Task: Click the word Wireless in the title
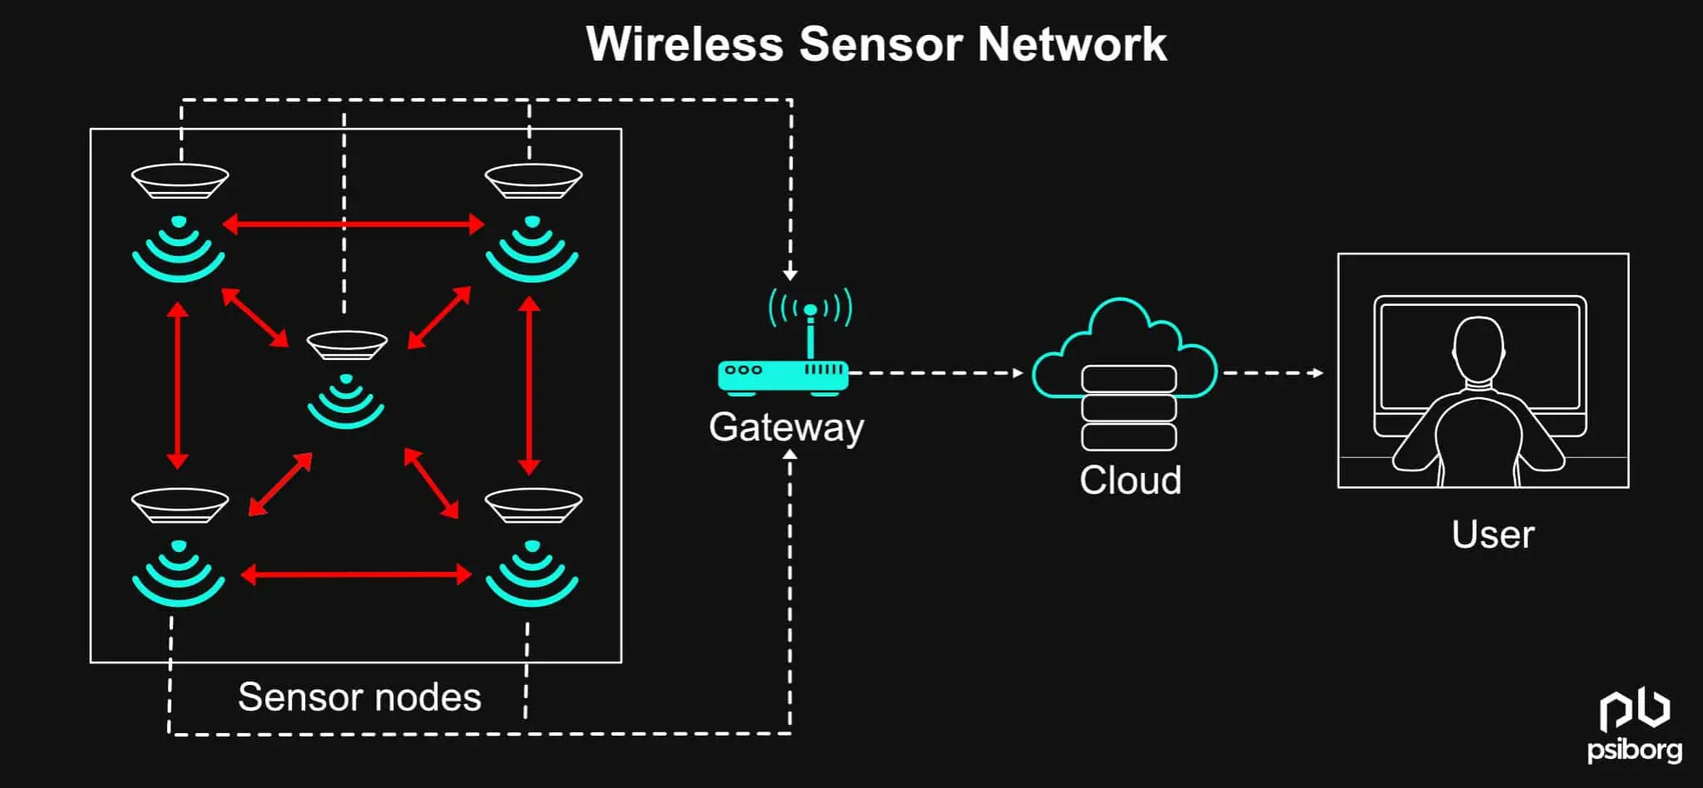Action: [684, 44]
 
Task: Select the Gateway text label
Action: [786, 427]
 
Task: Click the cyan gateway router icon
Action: [782, 375]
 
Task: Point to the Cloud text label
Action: [1129, 480]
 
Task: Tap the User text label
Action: [1492, 534]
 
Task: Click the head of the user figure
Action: [1478, 349]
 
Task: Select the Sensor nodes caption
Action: [359, 697]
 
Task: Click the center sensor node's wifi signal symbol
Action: [346, 402]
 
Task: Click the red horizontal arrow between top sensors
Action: [353, 224]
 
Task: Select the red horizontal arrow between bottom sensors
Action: [356, 574]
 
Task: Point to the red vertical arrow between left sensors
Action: [177, 386]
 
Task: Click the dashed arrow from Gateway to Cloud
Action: [935, 373]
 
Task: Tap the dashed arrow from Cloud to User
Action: [1272, 373]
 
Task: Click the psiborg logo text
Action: [1634, 750]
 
